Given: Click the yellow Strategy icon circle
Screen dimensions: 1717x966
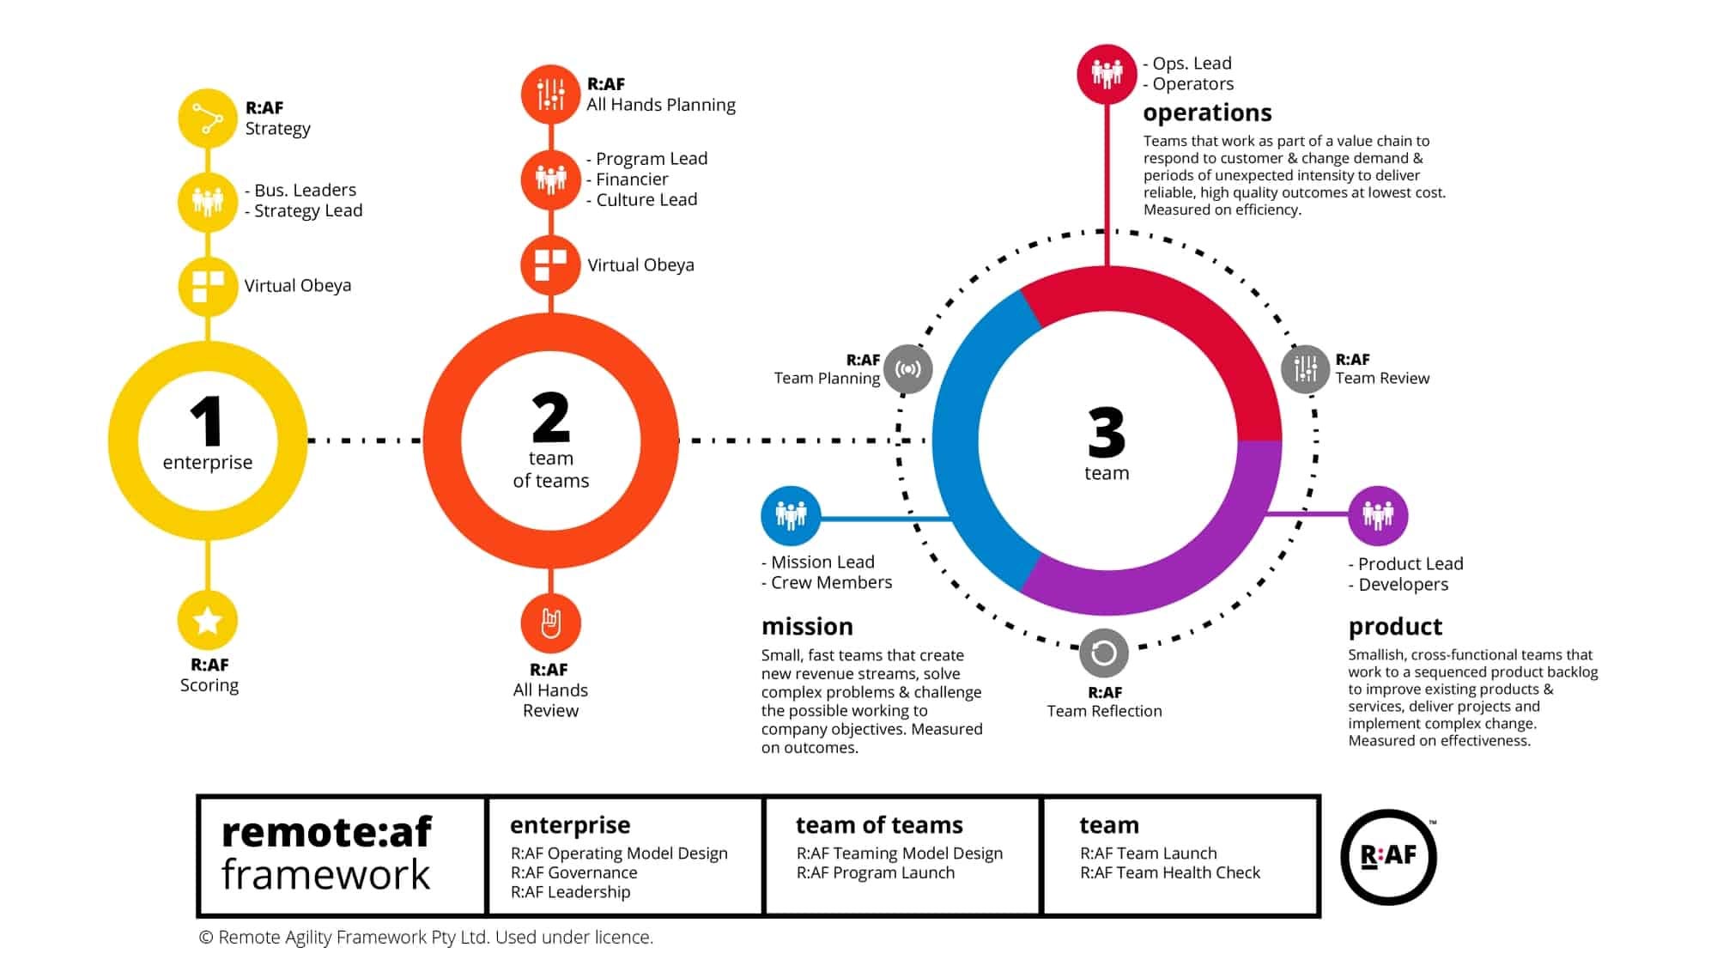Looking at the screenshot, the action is [x=208, y=118].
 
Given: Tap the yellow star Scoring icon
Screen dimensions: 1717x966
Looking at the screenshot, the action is [x=208, y=620].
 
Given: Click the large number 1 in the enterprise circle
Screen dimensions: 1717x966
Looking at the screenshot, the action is [x=207, y=421].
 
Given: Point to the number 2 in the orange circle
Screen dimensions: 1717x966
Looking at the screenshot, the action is [x=550, y=417].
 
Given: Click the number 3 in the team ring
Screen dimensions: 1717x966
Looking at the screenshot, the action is [x=1106, y=433].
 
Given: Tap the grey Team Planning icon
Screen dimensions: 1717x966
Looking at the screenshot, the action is [x=907, y=369].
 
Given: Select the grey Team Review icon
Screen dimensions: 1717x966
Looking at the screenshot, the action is [x=1305, y=369].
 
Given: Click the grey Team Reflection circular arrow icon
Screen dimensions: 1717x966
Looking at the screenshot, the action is [x=1103, y=653].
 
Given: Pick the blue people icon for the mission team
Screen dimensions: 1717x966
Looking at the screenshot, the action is [x=791, y=515].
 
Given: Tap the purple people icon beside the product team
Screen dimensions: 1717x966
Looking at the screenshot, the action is [x=1378, y=515].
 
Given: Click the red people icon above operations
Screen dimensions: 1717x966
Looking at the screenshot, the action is [x=1107, y=74].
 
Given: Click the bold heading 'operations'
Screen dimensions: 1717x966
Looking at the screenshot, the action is [x=1207, y=112].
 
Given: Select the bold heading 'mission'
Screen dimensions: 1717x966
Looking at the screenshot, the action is [x=807, y=626].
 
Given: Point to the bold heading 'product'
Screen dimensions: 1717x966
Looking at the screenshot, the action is [x=1395, y=626].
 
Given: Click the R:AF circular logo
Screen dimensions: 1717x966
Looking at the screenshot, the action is [x=1388, y=856].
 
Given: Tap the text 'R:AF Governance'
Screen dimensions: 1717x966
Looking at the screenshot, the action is [x=573, y=872].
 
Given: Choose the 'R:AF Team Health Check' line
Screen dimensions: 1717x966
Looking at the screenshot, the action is [x=1169, y=872].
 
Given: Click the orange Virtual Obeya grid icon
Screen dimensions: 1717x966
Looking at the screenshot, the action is [x=550, y=264].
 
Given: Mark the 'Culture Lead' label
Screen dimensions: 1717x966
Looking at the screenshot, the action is [x=646, y=199].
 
